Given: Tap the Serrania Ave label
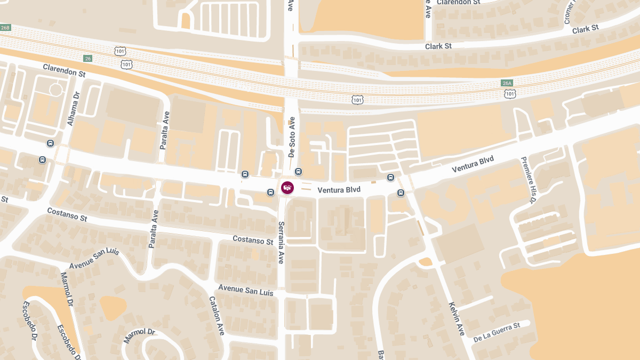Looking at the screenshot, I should point(281,243).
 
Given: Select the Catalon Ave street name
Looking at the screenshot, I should point(217,316).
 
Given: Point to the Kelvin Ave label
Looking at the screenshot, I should point(457,319).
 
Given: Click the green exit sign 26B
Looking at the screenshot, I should point(5,27).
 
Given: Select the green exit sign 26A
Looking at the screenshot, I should point(507,83).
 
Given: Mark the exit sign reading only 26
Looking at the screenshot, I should point(87,58).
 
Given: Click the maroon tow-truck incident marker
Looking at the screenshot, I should point(287,188).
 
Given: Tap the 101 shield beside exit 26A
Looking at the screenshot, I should point(510,94).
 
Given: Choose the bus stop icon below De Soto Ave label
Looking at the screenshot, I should point(298,172).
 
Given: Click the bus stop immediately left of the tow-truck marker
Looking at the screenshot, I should point(271,192).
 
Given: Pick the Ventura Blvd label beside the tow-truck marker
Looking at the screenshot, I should point(339,190).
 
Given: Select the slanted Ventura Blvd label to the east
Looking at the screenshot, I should point(473,164).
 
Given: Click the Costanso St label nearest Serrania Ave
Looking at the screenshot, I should point(253,240).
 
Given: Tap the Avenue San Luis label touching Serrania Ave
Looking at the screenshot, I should point(245,291).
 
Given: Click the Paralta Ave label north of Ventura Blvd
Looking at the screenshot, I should point(165,130).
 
